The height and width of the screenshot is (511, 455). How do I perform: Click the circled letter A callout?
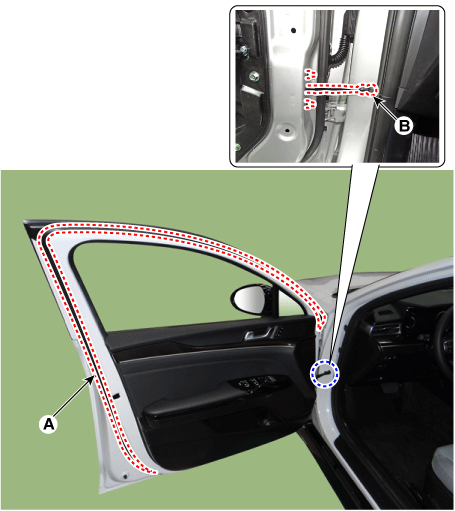tap(49, 424)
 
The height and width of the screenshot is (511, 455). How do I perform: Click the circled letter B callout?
tap(404, 126)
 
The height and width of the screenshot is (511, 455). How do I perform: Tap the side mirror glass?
tap(246, 299)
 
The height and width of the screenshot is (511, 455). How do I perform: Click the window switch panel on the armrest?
tap(255, 382)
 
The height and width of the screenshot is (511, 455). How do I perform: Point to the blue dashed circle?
tap(324, 374)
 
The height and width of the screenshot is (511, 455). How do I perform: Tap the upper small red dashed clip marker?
tap(310, 75)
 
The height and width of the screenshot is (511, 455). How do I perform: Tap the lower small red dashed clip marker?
tap(310, 103)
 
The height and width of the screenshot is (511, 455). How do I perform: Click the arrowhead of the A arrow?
tap(92, 378)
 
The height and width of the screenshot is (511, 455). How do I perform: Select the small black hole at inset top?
tap(293, 30)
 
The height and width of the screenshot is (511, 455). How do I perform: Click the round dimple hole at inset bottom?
tap(286, 130)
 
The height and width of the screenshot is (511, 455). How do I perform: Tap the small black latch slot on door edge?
tap(116, 396)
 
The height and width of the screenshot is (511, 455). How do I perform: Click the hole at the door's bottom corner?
tap(125, 477)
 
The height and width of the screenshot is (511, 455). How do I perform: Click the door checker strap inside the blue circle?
tap(323, 374)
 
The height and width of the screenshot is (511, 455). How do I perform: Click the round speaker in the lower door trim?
tap(266, 423)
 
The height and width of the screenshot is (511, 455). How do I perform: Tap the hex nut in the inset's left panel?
tap(255, 77)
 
